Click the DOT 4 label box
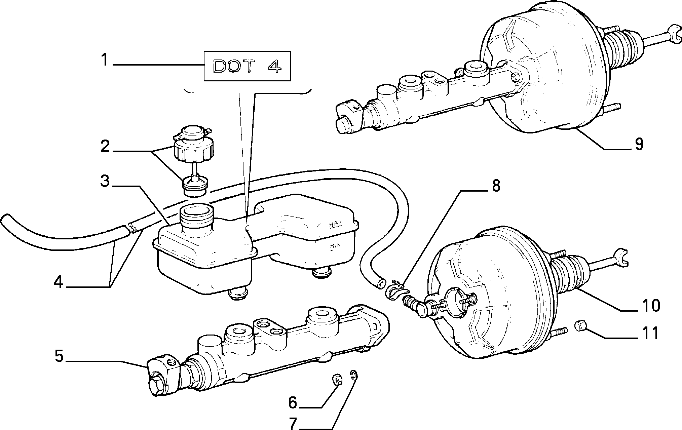[247, 66]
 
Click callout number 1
[105, 61]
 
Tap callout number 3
[105, 182]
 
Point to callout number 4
[59, 283]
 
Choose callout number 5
[59, 356]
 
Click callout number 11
[650, 333]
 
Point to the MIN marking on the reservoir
[335, 246]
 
